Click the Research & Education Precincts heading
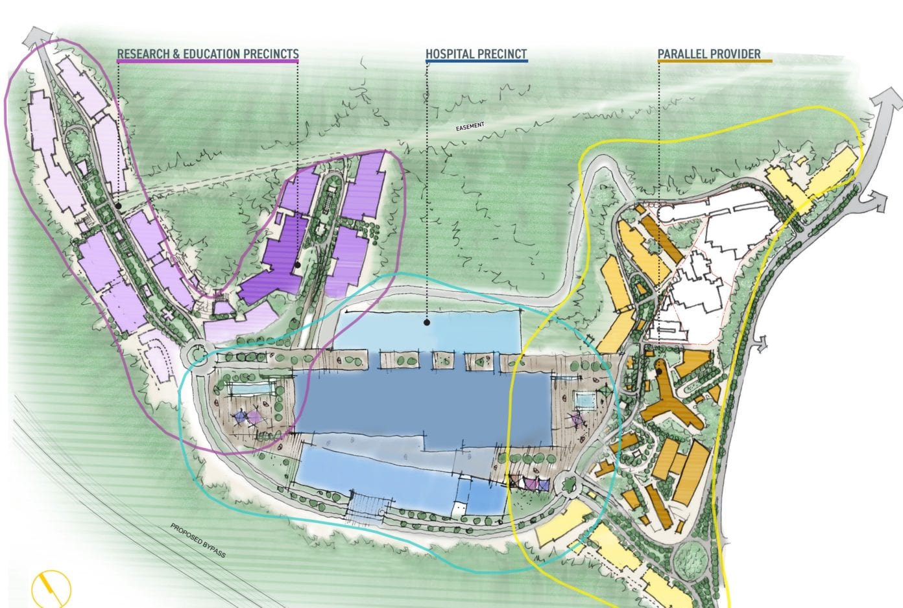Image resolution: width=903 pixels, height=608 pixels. [208, 54]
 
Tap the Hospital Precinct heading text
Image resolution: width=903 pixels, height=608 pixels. [476, 54]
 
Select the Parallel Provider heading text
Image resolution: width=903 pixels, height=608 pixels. [709, 54]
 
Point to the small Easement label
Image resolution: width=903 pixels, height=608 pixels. [470, 126]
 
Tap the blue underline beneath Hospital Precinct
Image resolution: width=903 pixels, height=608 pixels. [476, 62]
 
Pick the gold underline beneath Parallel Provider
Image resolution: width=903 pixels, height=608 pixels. [714, 62]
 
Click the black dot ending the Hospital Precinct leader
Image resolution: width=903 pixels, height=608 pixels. [427, 322]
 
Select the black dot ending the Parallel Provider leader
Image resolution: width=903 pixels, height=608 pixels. [659, 372]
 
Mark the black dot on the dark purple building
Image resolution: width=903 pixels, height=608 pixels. [297, 264]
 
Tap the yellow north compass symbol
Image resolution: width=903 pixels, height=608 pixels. [51, 589]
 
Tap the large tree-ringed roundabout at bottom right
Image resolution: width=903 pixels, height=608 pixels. [691, 557]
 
